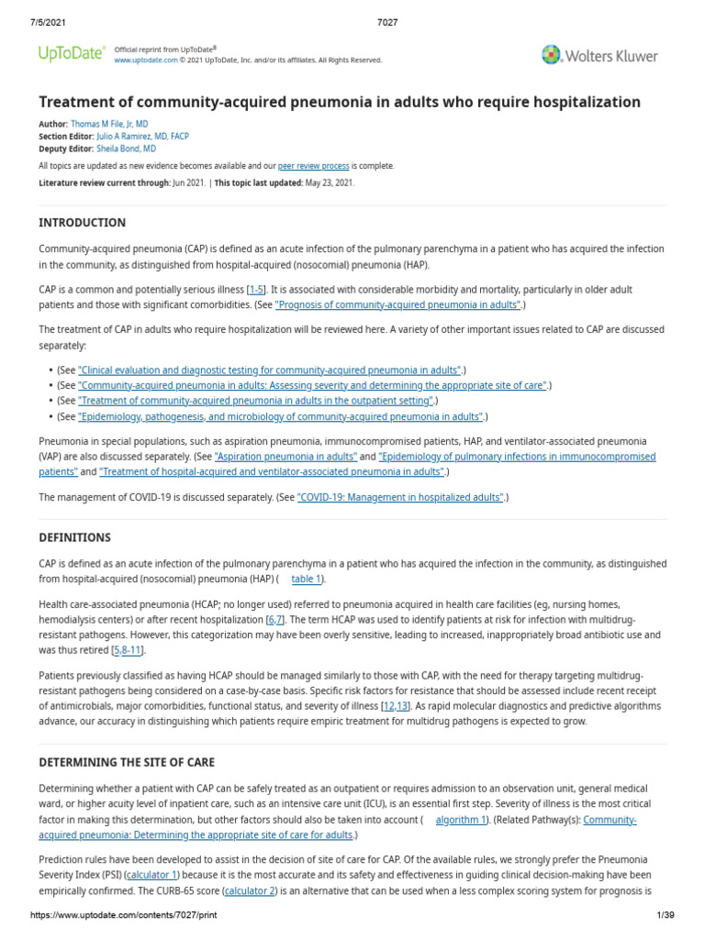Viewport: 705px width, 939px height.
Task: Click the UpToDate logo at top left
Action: [x=71, y=54]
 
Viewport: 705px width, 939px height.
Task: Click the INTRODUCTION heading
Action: [x=82, y=223]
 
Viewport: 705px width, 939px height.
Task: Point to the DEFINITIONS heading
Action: [x=74, y=537]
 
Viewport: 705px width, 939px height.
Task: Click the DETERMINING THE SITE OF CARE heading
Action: [x=126, y=763]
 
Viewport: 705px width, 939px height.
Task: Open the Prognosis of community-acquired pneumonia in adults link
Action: [x=397, y=304]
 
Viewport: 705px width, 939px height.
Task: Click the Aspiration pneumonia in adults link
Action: [x=285, y=456]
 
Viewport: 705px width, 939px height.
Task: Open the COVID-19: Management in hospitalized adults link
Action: [x=400, y=497]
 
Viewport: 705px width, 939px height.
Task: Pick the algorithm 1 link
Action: [x=460, y=820]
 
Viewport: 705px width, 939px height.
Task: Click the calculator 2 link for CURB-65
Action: [x=250, y=890]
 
